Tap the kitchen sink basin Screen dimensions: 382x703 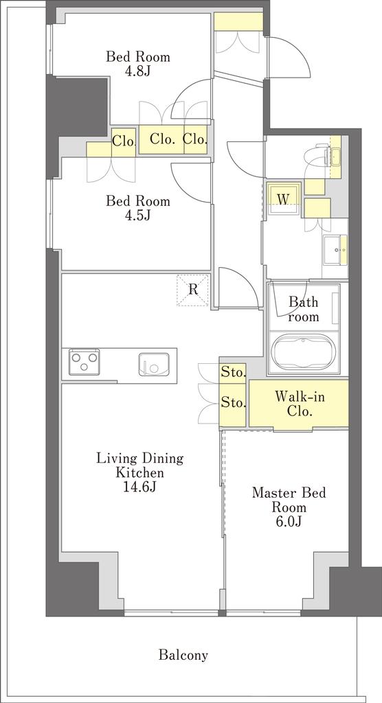pos(154,364)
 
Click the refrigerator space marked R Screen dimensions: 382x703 pos(192,290)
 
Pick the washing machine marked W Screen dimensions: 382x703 pos(283,198)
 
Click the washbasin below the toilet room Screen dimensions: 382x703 pos(335,250)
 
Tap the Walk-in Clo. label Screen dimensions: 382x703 pos(300,404)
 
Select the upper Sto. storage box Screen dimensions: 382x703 pos(232,372)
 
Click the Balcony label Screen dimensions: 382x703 pos(183,656)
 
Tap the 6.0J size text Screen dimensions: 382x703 pos(289,522)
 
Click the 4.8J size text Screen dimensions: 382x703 pos(138,71)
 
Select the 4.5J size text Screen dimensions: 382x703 pos(138,215)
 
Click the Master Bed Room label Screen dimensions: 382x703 pos(289,500)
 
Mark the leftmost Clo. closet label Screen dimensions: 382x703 pos(124,142)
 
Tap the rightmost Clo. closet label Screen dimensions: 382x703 pos(196,139)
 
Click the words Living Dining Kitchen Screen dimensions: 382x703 pos(140,465)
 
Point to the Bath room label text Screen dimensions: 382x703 pos(304,310)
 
